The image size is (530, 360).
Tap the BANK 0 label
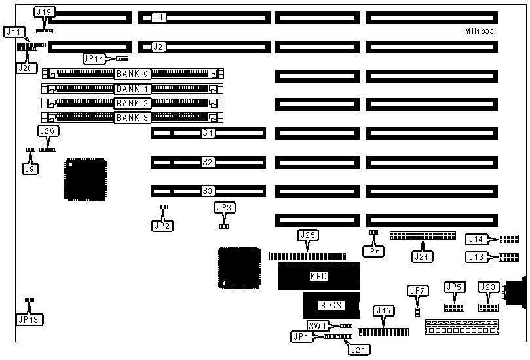[132, 74]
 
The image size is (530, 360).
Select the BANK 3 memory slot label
[132, 118]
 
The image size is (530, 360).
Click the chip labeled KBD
[318, 277]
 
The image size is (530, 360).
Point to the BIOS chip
[331, 305]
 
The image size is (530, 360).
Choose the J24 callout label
[423, 256]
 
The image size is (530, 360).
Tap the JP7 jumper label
[417, 290]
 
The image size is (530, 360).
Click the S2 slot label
[208, 162]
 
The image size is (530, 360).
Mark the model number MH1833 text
[480, 31]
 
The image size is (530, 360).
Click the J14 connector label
[476, 239]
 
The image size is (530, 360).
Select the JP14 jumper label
[94, 58]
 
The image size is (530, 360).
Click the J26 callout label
[47, 131]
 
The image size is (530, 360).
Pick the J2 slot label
[158, 47]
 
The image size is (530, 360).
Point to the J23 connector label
[488, 287]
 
